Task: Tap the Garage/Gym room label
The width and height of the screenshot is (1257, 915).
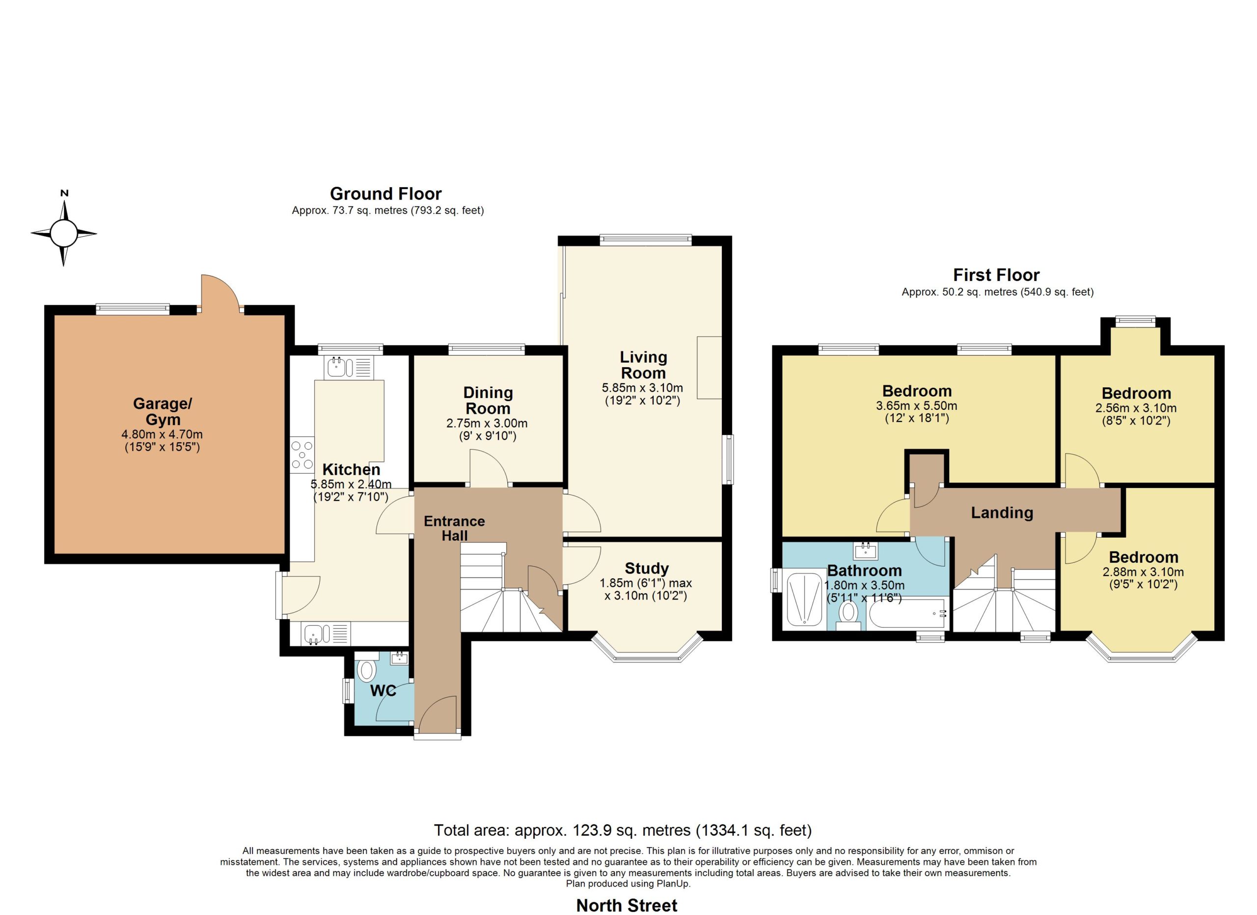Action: [x=163, y=411]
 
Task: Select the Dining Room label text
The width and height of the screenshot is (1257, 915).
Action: [x=488, y=400]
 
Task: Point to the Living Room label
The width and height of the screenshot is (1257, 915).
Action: [x=643, y=365]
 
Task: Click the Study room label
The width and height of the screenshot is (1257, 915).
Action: [x=646, y=569]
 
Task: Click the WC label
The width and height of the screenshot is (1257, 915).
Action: [x=383, y=691]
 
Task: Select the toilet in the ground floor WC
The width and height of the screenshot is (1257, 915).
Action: [x=366, y=667]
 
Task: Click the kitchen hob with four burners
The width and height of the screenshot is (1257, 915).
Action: [x=302, y=455]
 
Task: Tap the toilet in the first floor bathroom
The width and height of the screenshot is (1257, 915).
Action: [x=848, y=616]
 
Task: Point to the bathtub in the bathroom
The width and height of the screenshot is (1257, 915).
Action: [x=907, y=614]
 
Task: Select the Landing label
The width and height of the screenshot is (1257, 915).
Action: [x=1002, y=513]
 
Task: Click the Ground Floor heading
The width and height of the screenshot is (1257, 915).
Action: [x=386, y=194]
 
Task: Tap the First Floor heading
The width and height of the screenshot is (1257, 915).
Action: [x=996, y=275]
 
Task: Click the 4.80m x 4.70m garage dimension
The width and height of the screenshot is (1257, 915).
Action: [x=163, y=434]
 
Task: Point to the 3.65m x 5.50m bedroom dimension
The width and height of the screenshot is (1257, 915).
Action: [x=917, y=405]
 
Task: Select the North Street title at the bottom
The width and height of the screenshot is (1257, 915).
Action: [x=627, y=906]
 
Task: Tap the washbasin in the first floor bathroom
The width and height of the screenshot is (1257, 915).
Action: [x=866, y=551]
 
